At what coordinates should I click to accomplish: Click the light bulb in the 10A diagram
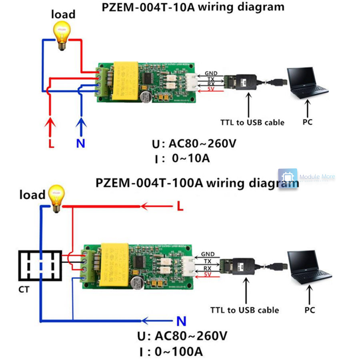click(62, 35)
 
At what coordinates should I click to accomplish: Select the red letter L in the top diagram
click(51, 143)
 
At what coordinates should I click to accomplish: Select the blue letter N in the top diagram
click(81, 143)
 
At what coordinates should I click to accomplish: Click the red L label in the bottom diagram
click(180, 206)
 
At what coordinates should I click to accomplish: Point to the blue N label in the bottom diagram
click(181, 321)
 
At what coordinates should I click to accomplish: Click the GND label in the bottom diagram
click(208, 254)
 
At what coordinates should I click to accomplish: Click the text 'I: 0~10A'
click(182, 158)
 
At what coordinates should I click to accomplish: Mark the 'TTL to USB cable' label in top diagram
click(252, 122)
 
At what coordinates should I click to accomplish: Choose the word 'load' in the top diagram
click(63, 14)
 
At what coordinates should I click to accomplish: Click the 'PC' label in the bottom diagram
click(310, 310)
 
